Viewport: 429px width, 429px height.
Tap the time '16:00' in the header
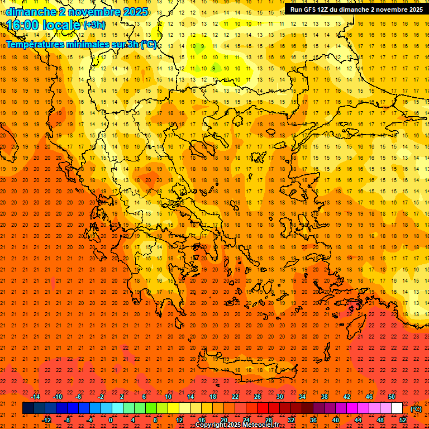point(22,25)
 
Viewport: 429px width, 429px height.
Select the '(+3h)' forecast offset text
point(93,25)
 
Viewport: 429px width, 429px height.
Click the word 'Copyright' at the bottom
point(211,425)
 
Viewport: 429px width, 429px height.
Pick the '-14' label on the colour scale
point(35,397)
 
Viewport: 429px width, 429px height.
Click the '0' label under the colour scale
point(111,420)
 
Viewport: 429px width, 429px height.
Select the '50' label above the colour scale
point(392,397)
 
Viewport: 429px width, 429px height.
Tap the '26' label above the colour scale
point(258,397)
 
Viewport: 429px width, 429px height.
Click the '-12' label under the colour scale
point(46,420)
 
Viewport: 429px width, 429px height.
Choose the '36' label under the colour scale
point(313,420)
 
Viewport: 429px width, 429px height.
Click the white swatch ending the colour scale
point(397,408)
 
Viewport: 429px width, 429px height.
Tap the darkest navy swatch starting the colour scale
point(28,408)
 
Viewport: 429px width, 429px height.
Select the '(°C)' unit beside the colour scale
point(416,409)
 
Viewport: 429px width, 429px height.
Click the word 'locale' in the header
point(60,25)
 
